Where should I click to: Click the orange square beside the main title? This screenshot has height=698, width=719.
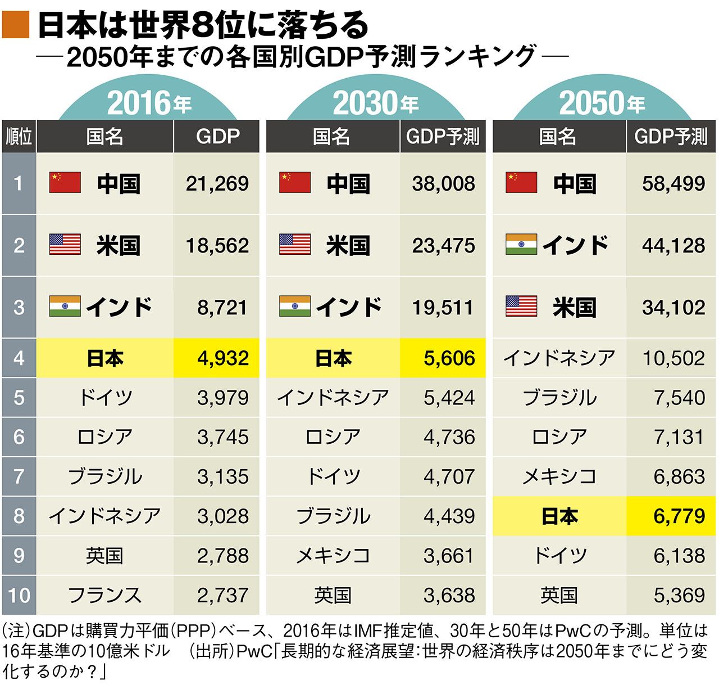[x=15, y=25]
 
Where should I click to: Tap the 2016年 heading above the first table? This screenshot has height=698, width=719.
[x=149, y=103]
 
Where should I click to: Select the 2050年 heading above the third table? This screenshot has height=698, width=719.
[x=602, y=103]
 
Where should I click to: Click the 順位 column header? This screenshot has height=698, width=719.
[x=19, y=137]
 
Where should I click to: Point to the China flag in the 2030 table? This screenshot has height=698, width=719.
[x=295, y=183]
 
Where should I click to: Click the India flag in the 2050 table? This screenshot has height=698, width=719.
[x=521, y=245]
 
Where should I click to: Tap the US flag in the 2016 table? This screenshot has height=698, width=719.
[x=65, y=245]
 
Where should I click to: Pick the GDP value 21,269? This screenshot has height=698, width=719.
[x=217, y=183]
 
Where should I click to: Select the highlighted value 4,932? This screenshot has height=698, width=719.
[x=222, y=358]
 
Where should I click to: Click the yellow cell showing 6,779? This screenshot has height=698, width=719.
[x=679, y=516]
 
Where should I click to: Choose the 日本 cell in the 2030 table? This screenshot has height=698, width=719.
[x=333, y=358]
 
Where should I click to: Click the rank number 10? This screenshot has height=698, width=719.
[x=19, y=595]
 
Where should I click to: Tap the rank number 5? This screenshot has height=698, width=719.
[x=19, y=398]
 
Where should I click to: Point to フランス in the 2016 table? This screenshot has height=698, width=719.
[x=104, y=595]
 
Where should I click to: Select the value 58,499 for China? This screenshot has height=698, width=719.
[x=673, y=183]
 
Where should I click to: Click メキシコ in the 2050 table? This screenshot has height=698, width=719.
[x=559, y=476]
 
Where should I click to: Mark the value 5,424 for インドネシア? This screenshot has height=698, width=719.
[x=449, y=398]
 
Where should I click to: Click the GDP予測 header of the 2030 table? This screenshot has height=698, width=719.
[x=443, y=137]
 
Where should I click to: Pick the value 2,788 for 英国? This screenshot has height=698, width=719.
[x=222, y=556]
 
